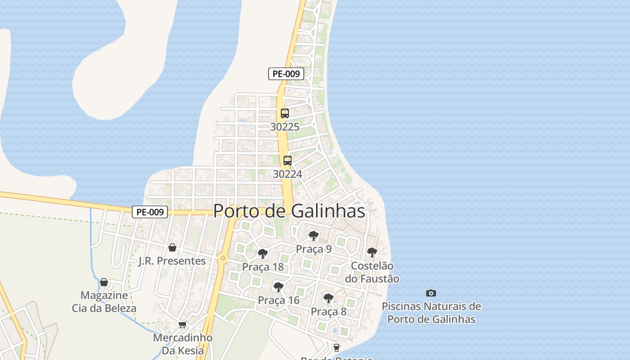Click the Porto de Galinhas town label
289,211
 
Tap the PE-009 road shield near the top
286,74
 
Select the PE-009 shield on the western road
150,212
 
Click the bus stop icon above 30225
284,113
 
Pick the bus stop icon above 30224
287,161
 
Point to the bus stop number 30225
284,127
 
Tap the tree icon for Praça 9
314,235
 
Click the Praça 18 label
263,267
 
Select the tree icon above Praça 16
279,287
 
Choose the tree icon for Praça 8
328,298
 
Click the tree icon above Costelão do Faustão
372,252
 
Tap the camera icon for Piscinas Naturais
431,293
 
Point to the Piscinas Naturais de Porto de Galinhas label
431,313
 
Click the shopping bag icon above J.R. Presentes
172,247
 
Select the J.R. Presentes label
172,261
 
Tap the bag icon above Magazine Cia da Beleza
104,282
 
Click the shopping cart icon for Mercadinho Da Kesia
182,324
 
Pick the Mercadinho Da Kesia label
183,344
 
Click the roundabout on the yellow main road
223,258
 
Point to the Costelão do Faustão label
372,272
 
